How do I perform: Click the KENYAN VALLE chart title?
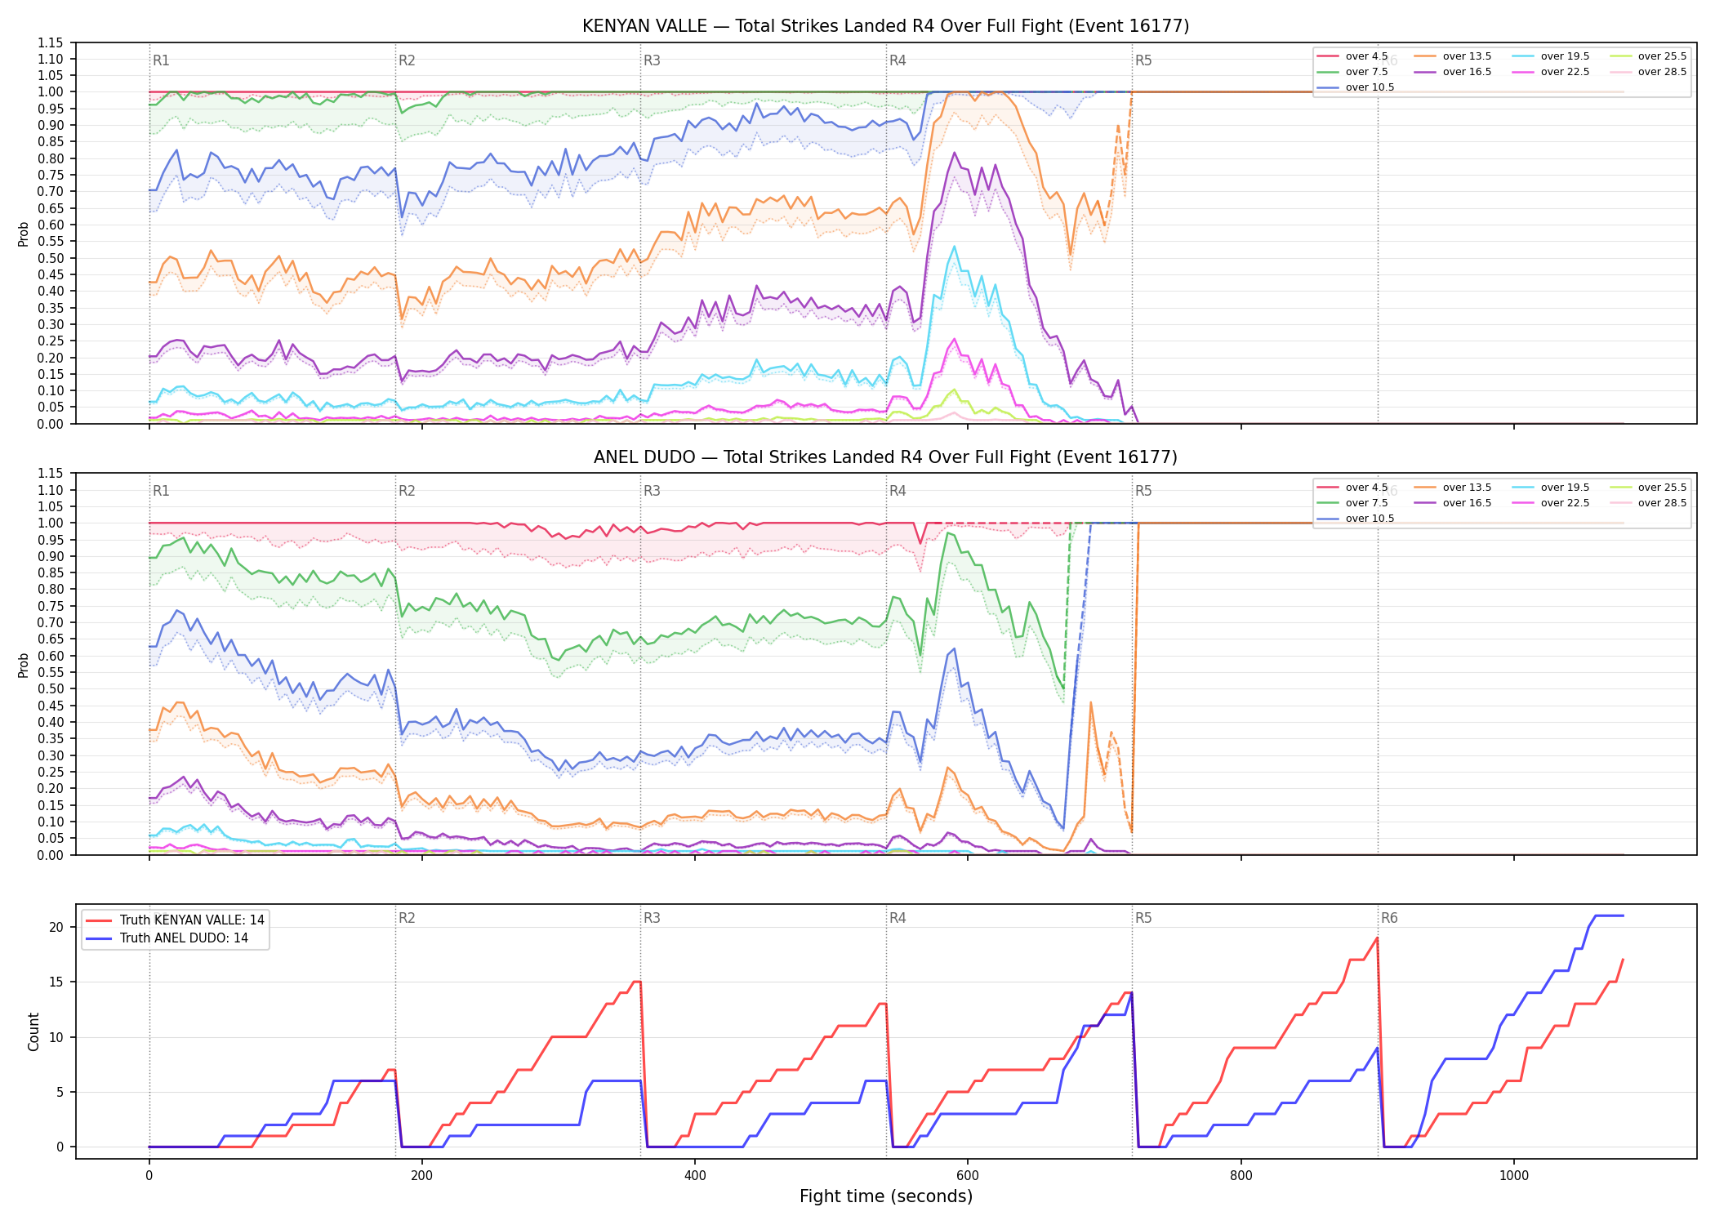tap(885, 26)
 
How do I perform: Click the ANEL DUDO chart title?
tap(885, 457)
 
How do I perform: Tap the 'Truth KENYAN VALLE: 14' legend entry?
tap(175, 920)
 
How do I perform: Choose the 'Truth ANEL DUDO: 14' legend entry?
tap(167, 938)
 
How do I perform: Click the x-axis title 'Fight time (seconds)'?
tap(886, 1196)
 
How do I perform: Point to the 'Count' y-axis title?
tap(33, 1031)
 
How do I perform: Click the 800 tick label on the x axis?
tap(1241, 1176)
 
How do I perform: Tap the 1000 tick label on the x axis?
tap(1513, 1176)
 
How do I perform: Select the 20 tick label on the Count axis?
tap(56, 927)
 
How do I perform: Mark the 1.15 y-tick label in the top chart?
tap(51, 42)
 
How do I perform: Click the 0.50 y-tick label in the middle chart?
tap(51, 688)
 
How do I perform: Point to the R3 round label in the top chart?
tap(652, 60)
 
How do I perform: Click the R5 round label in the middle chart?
tap(1143, 491)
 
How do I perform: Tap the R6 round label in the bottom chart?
tap(1389, 918)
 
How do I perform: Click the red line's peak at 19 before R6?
tap(1377, 938)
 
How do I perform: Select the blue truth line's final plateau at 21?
tap(1609, 915)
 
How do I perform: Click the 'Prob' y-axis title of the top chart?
tap(24, 234)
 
